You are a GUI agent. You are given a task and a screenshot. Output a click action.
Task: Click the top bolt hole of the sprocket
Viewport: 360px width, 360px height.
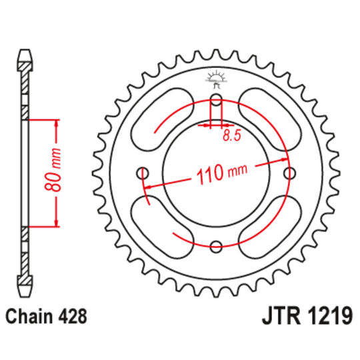[215, 101]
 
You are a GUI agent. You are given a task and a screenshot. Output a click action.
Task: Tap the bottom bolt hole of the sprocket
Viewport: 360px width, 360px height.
[215, 247]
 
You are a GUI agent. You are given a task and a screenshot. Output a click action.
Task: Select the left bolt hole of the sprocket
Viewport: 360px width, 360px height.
[142, 174]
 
